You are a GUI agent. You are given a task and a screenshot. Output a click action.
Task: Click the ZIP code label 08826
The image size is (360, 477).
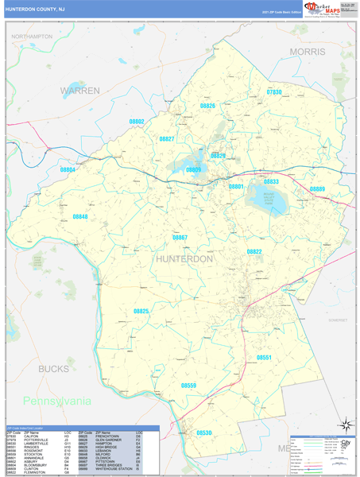(207, 105)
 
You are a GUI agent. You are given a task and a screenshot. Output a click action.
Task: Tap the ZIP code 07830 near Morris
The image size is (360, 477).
(274, 92)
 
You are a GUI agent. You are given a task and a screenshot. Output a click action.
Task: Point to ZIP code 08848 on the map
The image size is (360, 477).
(80, 216)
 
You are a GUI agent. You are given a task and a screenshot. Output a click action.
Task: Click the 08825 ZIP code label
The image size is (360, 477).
(141, 311)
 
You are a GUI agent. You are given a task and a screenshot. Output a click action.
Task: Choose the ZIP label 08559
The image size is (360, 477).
(188, 385)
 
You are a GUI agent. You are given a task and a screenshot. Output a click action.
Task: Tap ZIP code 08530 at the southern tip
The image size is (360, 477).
(205, 432)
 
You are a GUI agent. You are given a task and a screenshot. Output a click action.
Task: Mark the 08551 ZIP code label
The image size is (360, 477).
(265, 358)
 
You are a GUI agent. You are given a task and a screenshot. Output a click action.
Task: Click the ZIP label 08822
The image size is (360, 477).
(254, 251)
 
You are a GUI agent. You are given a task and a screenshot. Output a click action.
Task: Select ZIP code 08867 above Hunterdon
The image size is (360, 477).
(180, 238)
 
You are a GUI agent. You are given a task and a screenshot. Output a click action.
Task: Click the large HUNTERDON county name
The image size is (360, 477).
(185, 259)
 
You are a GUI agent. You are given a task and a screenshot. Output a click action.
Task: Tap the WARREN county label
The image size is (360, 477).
(80, 91)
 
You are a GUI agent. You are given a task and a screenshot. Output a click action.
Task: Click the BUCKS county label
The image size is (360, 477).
(53, 369)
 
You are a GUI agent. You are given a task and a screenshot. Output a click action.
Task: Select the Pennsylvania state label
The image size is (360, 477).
(79, 401)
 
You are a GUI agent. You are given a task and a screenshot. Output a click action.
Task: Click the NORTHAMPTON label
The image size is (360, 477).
(33, 37)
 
